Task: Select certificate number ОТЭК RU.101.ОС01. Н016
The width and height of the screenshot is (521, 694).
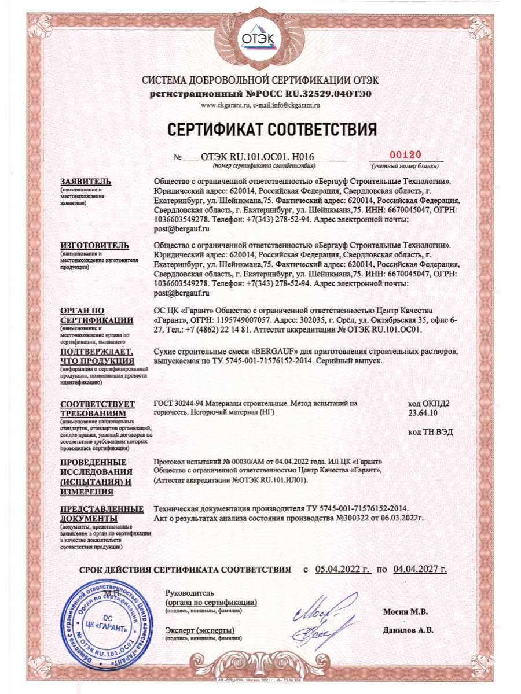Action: (257, 156)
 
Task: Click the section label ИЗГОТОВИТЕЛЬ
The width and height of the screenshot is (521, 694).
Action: (90, 246)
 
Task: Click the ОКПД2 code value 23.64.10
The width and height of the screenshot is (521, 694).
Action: (423, 414)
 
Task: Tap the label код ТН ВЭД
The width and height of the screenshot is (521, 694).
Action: (430, 432)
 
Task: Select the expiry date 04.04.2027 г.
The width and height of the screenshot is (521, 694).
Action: (420, 570)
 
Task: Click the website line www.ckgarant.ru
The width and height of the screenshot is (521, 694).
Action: (260, 105)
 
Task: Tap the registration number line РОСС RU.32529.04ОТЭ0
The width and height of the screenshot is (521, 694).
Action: (260, 93)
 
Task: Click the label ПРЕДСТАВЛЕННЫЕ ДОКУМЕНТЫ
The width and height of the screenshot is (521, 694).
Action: (101, 513)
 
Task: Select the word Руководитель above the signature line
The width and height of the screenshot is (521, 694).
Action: (189, 593)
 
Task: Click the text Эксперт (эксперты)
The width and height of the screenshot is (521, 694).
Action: (199, 630)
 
